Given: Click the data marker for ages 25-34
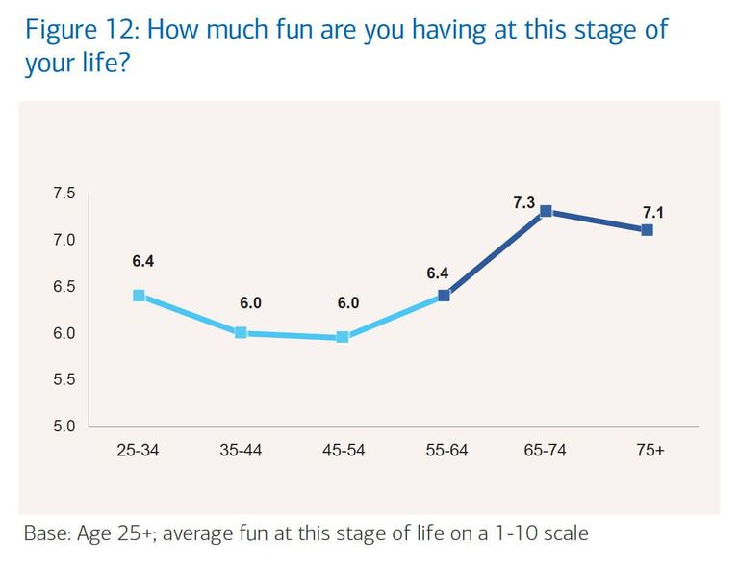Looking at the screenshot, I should coord(139,296).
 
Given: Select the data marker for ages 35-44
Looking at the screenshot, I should coord(241,333).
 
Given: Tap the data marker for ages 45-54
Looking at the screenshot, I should coord(343,337).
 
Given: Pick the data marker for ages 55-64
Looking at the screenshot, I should coord(444,296).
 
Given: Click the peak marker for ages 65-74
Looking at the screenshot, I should coord(546,211).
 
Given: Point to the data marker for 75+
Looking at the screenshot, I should coord(648,230).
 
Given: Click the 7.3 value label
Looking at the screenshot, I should coord(523,203).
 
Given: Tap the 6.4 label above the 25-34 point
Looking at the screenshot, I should coord(142,260).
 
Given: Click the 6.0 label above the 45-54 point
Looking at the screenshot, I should coord(348,303).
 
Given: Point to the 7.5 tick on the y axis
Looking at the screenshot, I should coord(64,194).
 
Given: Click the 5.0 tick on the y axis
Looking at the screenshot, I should coord(64,426).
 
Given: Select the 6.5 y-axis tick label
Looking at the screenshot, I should coord(64,287).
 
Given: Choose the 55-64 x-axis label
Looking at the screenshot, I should coord(445,451).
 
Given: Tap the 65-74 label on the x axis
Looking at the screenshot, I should coord(546,451).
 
